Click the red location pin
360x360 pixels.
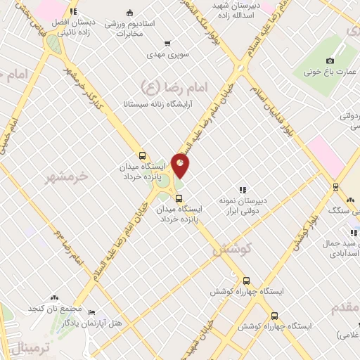pyautogui.click(x=181, y=166)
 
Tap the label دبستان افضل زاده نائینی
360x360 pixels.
pyautogui.click(x=74, y=27)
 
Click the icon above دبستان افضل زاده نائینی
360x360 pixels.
pyautogui.click(x=74, y=12)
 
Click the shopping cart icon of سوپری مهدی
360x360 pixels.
pyautogui.click(x=166, y=43)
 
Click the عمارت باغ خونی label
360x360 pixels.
pyautogui.click(x=332, y=71)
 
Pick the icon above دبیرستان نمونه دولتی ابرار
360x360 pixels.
pyautogui.click(x=243, y=189)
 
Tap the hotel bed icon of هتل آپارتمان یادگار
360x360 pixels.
pyautogui.click(x=92, y=312)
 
